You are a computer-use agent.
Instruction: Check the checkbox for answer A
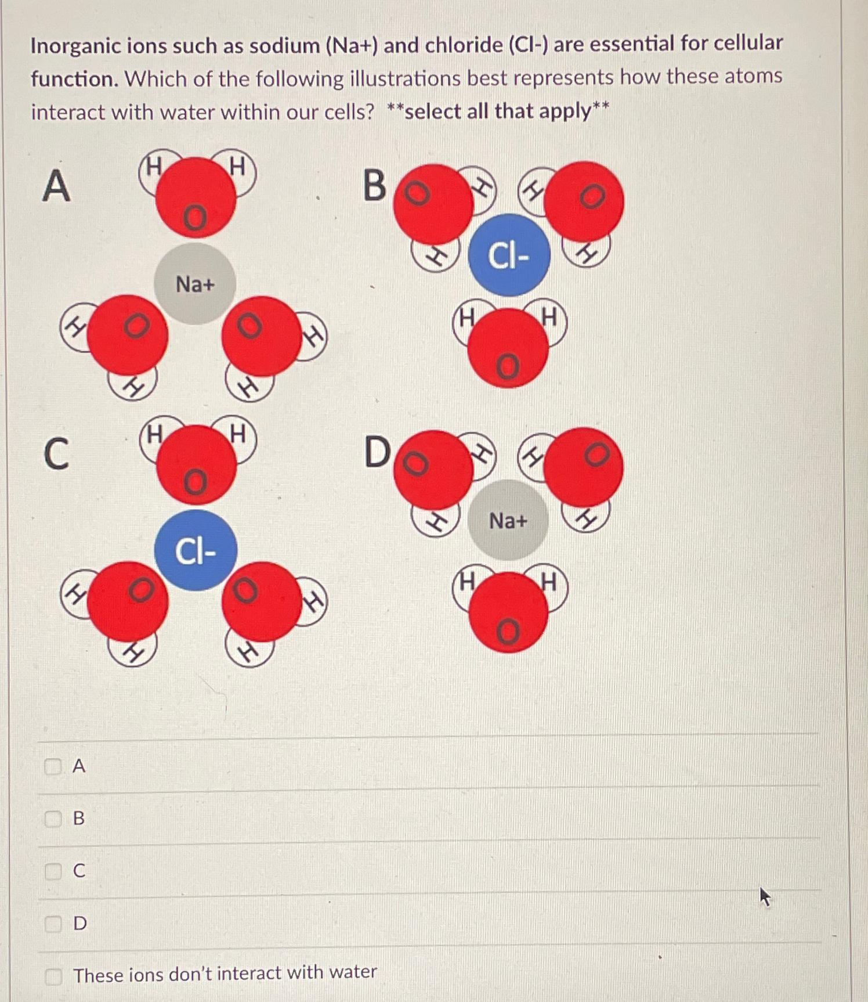pyautogui.click(x=53, y=767)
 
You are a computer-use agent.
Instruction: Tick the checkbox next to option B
pyautogui.click(x=53, y=819)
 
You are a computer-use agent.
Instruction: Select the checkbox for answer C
pyautogui.click(x=53, y=871)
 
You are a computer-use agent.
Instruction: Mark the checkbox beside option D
pyautogui.click(x=53, y=923)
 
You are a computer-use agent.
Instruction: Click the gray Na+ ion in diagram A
pyautogui.click(x=195, y=284)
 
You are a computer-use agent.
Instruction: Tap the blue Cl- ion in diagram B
pyautogui.click(x=509, y=255)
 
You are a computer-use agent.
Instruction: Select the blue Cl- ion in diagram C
pyautogui.click(x=196, y=550)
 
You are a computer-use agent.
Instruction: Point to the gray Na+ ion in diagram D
pyautogui.click(x=508, y=520)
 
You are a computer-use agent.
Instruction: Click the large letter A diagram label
pyautogui.click(x=56, y=186)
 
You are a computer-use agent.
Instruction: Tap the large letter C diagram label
pyautogui.click(x=56, y=453)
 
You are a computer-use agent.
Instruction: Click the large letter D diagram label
pyautogui.click(x=377, y=452)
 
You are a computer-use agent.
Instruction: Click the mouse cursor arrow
pyautogui.click(x=765, y=896)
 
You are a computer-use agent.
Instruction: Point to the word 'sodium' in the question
pyautogui.click(x=284, y=45)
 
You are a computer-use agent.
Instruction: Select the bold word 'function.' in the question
pyautogui.click(x=75, y=78)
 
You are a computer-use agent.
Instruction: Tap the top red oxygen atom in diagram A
pyautogui.click(x=196, y=197)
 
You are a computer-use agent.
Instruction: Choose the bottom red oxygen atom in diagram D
pyautogui.click(x=508, y=612)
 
